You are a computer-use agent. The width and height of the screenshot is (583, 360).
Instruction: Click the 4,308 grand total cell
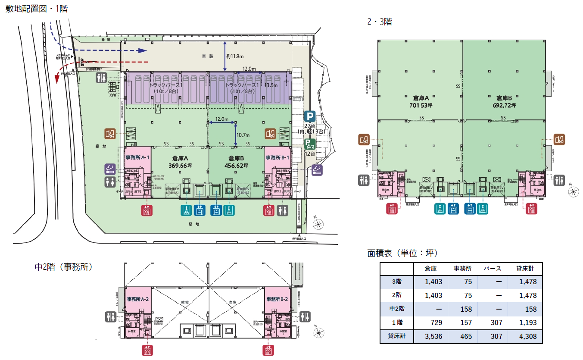526,336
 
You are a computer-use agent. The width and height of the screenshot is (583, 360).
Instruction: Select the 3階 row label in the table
396,282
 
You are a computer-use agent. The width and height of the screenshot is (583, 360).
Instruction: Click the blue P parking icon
310,116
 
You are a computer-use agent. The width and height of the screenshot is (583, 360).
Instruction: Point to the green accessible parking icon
310,144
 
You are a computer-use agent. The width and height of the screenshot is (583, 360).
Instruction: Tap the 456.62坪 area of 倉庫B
237,166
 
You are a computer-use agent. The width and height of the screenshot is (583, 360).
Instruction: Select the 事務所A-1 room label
137,157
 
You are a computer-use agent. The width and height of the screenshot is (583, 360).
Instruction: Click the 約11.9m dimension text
235,56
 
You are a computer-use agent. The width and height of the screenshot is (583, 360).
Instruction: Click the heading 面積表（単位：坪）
402,253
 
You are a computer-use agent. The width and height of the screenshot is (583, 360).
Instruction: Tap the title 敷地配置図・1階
36,9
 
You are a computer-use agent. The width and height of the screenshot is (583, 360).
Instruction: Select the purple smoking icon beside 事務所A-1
110,169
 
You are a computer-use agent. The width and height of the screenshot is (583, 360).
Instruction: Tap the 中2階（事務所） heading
64,267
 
